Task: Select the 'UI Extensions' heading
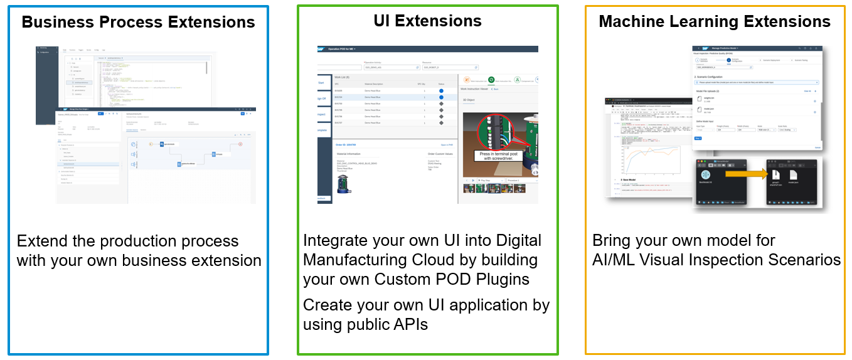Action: [427, 21]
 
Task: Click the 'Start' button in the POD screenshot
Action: [322, 83]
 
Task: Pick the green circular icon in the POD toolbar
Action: [491, 80]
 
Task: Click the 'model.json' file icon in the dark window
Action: [793, 177]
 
